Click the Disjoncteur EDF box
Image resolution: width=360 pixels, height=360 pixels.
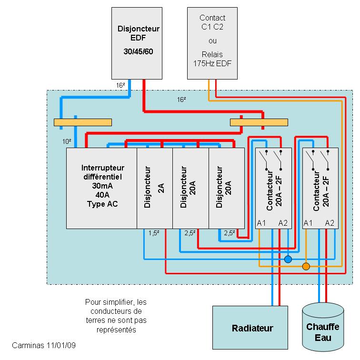[137, 43]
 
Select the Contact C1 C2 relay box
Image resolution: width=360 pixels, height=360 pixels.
[212, 43]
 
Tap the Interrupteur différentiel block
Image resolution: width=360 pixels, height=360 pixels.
[101, 188]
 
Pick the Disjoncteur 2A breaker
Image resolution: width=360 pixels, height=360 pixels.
[154, 188]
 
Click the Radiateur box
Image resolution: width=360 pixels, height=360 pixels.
[250, 328]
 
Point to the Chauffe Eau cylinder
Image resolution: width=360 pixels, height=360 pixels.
[323, 327]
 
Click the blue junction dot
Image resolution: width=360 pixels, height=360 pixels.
[288, 259]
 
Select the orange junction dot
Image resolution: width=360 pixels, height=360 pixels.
[306, 266]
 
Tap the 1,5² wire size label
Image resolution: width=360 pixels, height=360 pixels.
[154, 233]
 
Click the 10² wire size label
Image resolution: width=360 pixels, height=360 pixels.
[67, 141]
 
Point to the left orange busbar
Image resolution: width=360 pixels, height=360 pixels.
[83, 122]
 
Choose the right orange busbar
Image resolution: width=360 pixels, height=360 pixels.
[259, 122]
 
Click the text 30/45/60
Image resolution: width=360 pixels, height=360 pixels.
[138, 51]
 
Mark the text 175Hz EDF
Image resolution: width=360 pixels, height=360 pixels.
[212, 63]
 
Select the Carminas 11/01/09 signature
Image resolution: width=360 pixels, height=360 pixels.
[44, 345]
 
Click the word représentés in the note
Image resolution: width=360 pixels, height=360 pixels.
[116, 330]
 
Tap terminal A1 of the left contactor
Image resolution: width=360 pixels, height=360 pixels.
[261, 223]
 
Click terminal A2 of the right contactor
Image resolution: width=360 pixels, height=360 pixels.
[330, 223]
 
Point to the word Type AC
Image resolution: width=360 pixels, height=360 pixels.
[102, 204]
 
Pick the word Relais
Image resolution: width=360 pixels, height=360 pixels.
[212, 54]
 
